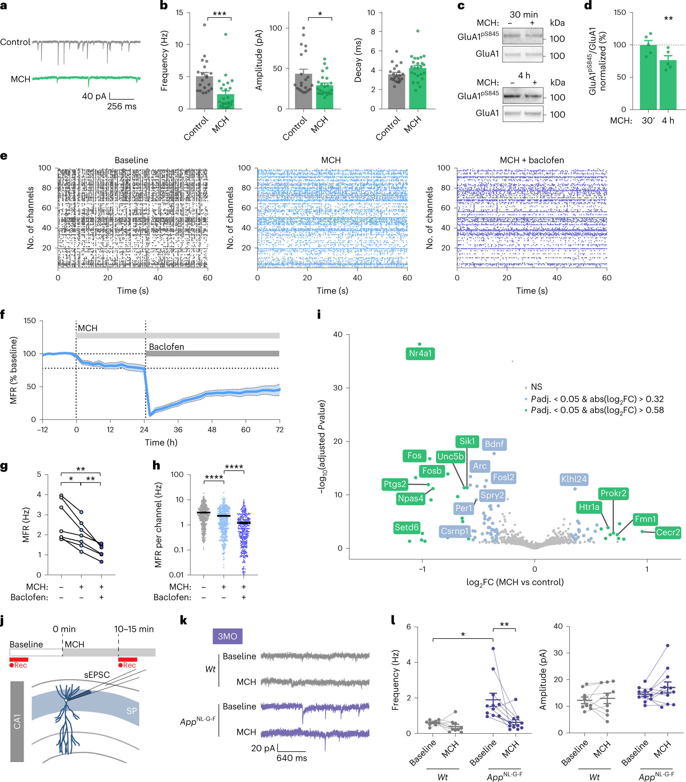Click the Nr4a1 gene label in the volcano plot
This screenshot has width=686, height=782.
pyautogui.click(x=420, y=353)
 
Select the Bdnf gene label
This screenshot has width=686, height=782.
pyautogui.click(x=494, y=444)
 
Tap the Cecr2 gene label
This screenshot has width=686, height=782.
pyautogui.click(x=668, y=532)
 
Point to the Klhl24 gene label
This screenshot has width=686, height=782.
pyautogui.click(x=574, y=479)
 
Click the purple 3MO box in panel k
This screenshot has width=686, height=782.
pyautogui.click(x=228, y=636)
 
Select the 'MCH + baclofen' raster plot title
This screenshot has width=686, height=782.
pyautogui.click(x=532, y=160)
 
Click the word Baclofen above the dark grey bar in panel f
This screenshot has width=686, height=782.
pyautogui.click(x=167, y=346)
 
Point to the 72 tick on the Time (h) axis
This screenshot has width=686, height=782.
pyautogui.click(x=279, y=430)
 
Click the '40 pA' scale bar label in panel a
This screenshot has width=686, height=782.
pyautogui.click(x=94, y=96)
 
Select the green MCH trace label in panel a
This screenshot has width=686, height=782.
pyautogui.click(x=20, y=79)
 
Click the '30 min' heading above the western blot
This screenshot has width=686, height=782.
pyautogui.click(x=523, y=15)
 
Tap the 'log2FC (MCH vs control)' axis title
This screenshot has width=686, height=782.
pyautogui.click(x=515, y=582)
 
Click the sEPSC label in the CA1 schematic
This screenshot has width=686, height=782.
pyautogui.click(x=97, y=675)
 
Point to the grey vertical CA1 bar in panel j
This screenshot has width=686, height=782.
pyautogui.click(x=17, y=721)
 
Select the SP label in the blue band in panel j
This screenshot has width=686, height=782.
pyautogui.click(x=131, y=711)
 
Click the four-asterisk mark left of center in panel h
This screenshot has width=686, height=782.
pyautogui.click(x=214, y=477)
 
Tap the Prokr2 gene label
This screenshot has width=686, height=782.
pyautogui.click(x=613, y=493)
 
